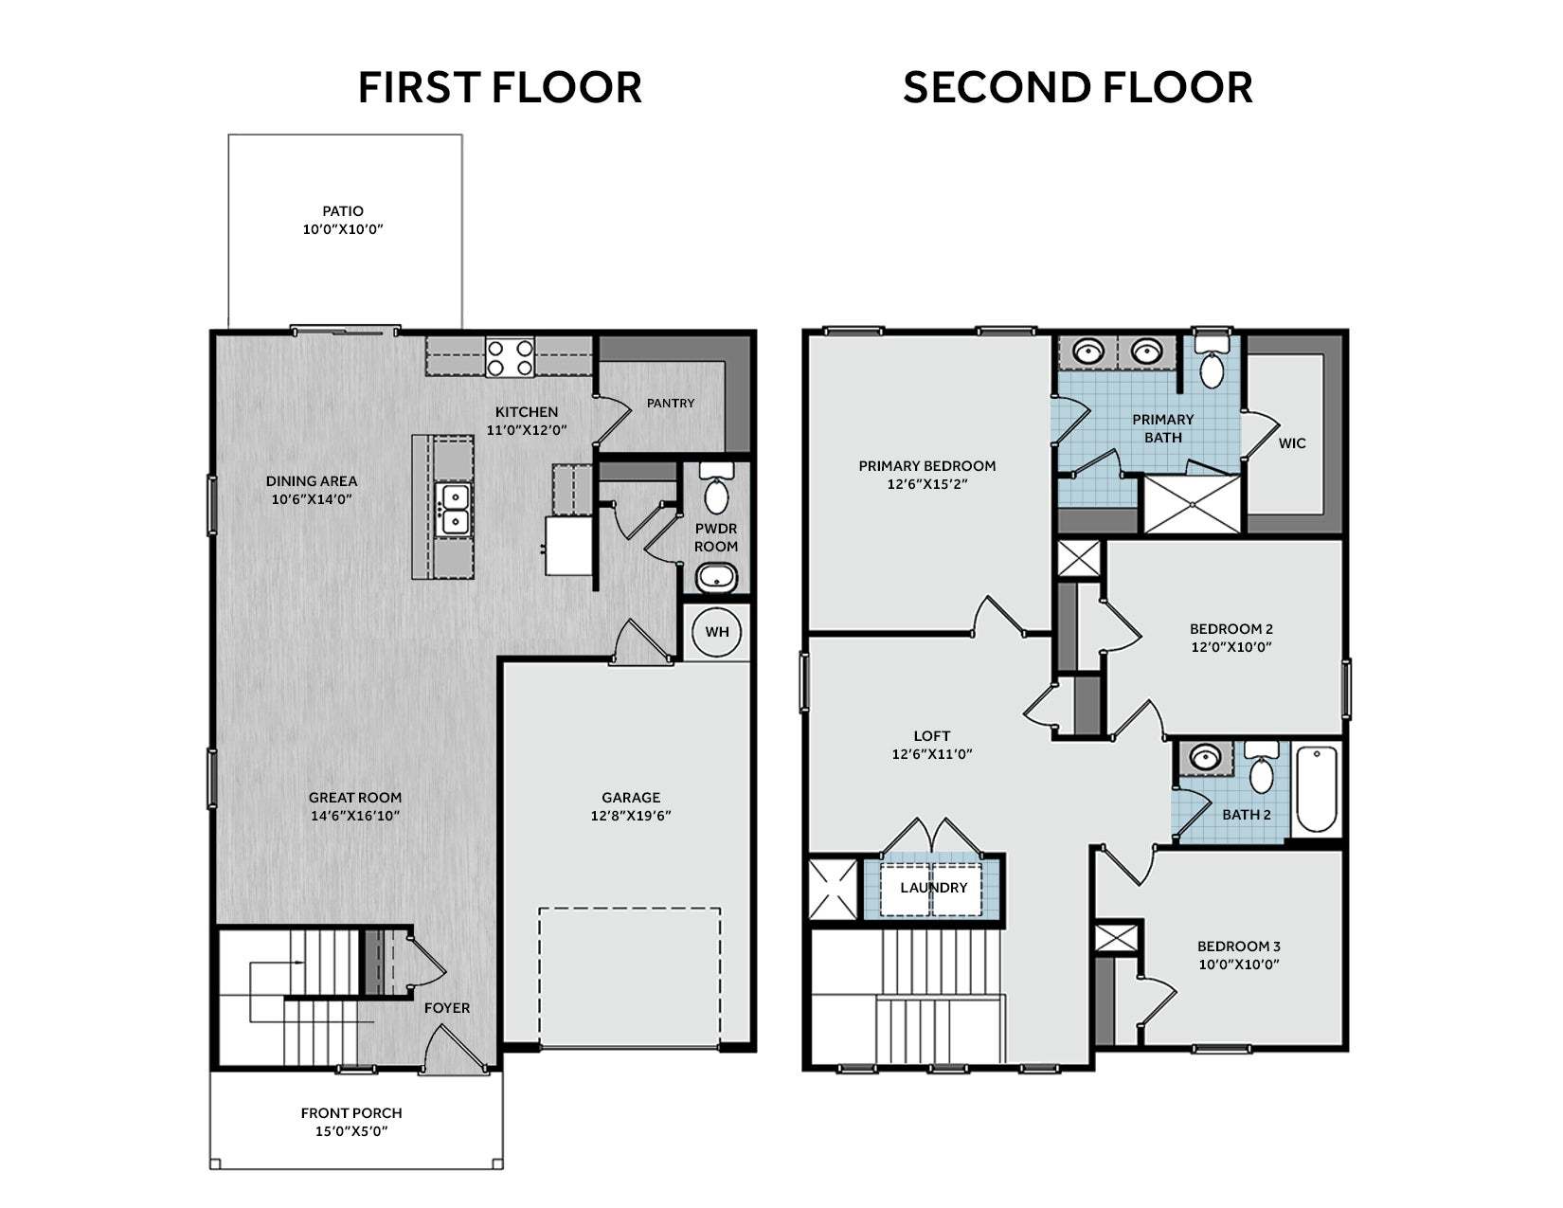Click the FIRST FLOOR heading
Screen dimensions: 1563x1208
tap(499, 87)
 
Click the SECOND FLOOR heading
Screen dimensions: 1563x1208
tap(1077, 87)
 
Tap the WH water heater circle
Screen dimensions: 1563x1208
tap(716, 632)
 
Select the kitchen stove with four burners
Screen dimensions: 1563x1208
tap(510, 357)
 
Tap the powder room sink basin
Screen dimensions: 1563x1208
tap(716, 577)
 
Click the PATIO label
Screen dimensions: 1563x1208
tap(342, 210)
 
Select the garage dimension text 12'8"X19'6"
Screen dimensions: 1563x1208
tap(631, 815)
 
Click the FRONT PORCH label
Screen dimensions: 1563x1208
tap(351, 1112)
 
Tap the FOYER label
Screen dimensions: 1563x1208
tap(447, 1007)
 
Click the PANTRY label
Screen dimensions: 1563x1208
tap(671, 403)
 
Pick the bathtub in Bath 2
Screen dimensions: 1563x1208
tap(1317, 789)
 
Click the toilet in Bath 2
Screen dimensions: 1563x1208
tap(1262, 768)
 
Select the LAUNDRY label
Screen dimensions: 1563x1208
tap(934, 887)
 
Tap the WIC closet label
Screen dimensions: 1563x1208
tap(1292, 443)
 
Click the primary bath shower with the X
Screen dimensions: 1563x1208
tap(1192, 504)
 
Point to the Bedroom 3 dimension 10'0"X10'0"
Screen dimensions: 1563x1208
tap(1239, 965)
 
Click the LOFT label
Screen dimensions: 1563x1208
tap(931, 735)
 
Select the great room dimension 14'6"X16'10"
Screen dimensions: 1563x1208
tap(354, 815)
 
